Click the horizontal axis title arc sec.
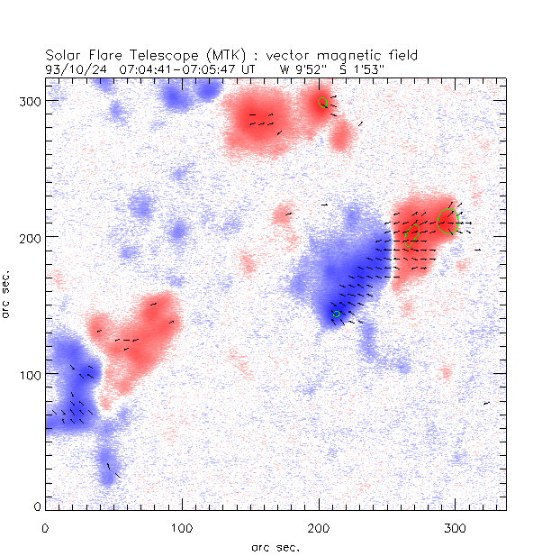[275, 547]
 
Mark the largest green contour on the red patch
[447, 221]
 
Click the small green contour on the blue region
[337, 314]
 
